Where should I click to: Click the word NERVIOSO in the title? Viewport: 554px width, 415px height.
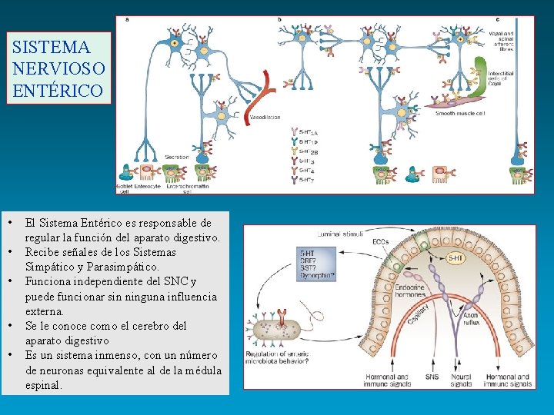point(58,68)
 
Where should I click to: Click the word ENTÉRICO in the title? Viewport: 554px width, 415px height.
point(58,90)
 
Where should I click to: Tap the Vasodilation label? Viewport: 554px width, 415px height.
point(265,118)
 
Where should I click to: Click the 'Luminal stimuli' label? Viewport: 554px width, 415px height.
point(340,233)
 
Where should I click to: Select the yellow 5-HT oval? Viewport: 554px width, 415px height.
point(455,259)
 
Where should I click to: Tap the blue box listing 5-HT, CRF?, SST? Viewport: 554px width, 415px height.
point(317,264)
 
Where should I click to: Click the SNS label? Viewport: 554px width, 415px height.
point(432,377)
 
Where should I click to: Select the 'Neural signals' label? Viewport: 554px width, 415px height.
point(462,380)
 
